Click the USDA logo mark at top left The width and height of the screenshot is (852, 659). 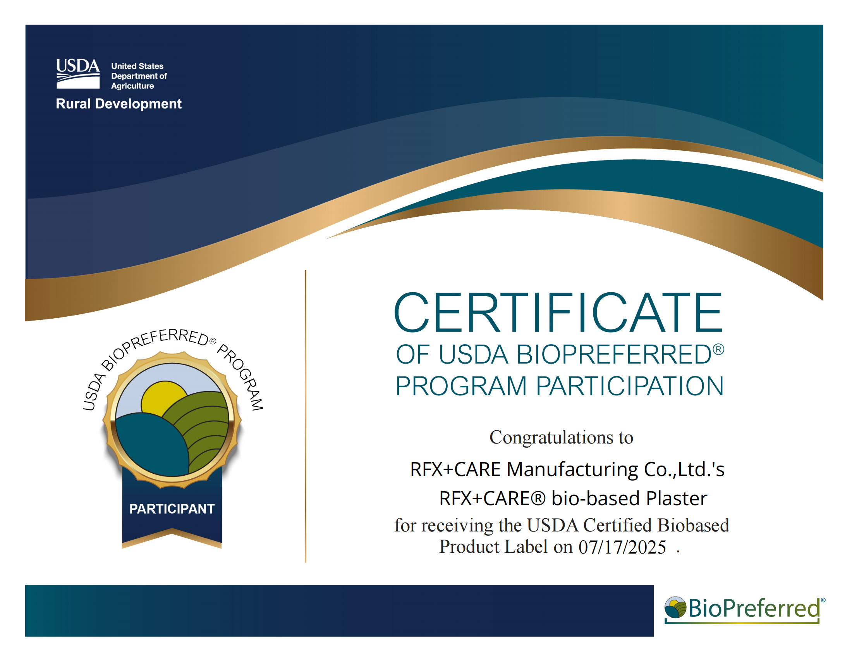pyautogui.click(x=78, y=74)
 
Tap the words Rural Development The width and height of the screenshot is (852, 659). pyautogui.click(x=119, y=104)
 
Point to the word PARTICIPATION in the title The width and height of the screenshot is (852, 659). pyautogui.click(x=630, y=386)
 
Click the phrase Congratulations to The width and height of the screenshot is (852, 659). pyautogui.click(x=561, y=437)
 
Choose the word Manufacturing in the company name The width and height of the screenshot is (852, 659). pyautogui.click(x=572, y=470)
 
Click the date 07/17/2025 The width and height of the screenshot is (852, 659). pyautogui.click(x=622, y=547)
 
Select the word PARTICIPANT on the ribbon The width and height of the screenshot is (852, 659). pyautogui.click(x=172, y=509)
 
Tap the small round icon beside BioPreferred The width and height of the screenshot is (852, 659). pyautogui.click(x=675, y=607)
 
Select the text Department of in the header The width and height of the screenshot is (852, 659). pyautogui.click(x=139, y=76)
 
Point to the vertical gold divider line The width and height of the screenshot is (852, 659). pyautogui.click(x=306, y=416)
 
